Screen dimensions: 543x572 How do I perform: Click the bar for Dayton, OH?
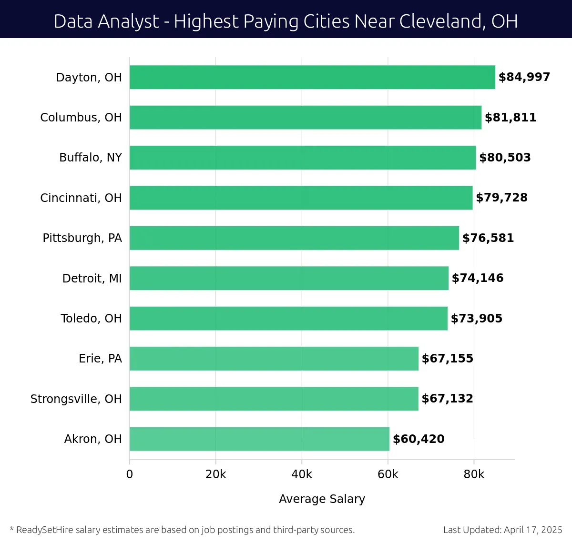312,77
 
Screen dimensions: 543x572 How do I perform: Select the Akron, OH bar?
259,439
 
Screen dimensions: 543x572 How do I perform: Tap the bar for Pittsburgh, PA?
294,238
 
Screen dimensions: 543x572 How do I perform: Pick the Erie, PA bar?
274,359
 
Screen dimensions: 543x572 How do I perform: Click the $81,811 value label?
511,118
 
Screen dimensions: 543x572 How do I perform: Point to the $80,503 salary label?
505,158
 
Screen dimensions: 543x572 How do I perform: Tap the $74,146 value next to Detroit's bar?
478,278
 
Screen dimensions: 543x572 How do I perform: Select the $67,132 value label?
447,399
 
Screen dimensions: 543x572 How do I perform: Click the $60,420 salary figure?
419,439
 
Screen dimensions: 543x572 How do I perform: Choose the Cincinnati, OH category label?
81,198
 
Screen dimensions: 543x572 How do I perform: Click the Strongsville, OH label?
76,399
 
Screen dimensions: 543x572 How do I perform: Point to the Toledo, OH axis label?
91,319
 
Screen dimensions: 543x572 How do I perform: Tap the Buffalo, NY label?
91,158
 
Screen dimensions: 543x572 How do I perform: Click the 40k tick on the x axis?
302,474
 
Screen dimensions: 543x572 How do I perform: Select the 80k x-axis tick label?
474,474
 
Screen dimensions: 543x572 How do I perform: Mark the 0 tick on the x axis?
130,474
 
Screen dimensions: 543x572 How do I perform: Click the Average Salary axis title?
322,499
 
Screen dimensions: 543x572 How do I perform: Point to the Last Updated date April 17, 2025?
533,530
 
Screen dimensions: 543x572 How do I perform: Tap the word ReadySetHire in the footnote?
44,530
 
